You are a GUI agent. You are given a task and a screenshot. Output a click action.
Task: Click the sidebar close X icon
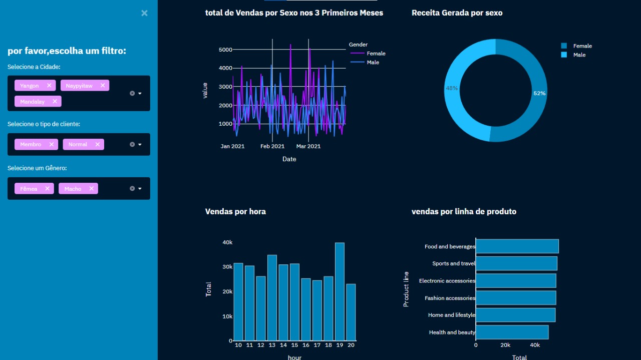pyautogui.click(x=144, y=13)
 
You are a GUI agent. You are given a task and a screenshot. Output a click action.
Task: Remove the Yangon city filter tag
pyautogui.click(x=49, y=86)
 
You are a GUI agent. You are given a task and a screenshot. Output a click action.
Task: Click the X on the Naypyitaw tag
pyautogui.click(x=103, y=86)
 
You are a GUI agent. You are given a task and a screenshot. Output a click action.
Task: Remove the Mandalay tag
pyautogui.click(x=55, y=102)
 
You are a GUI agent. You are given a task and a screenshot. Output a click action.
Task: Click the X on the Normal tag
pyautogui.click(x=98, y=144)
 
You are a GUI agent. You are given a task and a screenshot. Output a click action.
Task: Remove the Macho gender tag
pyautogui.click(x=92, y=189)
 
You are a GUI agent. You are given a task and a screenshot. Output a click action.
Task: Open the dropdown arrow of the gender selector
pyautogui.click(x=140, y=189)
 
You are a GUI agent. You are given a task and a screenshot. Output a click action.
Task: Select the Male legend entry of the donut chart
pyautogui.click(x=579, y=55)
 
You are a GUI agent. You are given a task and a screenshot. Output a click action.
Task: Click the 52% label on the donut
pyautogui.click(x=539, y=94)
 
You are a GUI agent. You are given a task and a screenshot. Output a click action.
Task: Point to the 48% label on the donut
pyautogui.click(x=452, y=88)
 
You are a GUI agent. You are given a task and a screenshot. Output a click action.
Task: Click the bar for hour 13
pyautogui.click(x=272, y=297)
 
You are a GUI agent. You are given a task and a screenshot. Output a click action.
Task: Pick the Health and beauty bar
pyautogui.click(x=512, y=332)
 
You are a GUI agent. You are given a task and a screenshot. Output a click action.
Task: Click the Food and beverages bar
pyautogui.click(x=517, y=246)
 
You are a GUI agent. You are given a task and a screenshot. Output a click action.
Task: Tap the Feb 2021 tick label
pyautogui.click(x=272, y=146)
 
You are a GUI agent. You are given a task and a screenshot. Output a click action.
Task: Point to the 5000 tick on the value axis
pyautogui.click(x=225, y=50)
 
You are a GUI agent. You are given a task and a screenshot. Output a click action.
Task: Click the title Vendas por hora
pyautogui.click(x=235, y=212)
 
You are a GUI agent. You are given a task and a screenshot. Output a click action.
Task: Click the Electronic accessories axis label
pyautogui.click(x=447, y=281)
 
